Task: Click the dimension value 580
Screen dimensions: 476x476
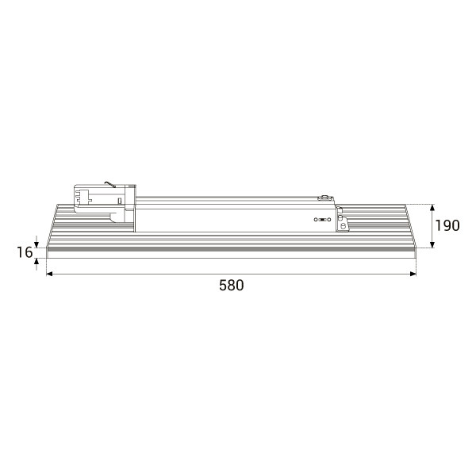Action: click(x=232, y=286)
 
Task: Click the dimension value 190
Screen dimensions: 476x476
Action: click(x=447, y=225)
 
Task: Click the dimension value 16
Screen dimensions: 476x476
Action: click(x=25, y=252)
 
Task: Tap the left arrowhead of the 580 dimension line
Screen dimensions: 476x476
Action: click(x=49, y=274)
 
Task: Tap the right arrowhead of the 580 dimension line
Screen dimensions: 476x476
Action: click(x=413, y=274)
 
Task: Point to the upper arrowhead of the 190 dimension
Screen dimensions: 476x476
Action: click(x=432, y=208)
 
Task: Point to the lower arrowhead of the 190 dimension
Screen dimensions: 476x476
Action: click(x=432, y=244)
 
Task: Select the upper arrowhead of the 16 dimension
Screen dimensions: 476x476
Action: click(x=36, y=244)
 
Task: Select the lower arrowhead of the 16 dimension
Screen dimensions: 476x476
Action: click(x=36, y=261)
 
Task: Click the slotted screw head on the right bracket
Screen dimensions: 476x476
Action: click(x=344, y=225)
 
